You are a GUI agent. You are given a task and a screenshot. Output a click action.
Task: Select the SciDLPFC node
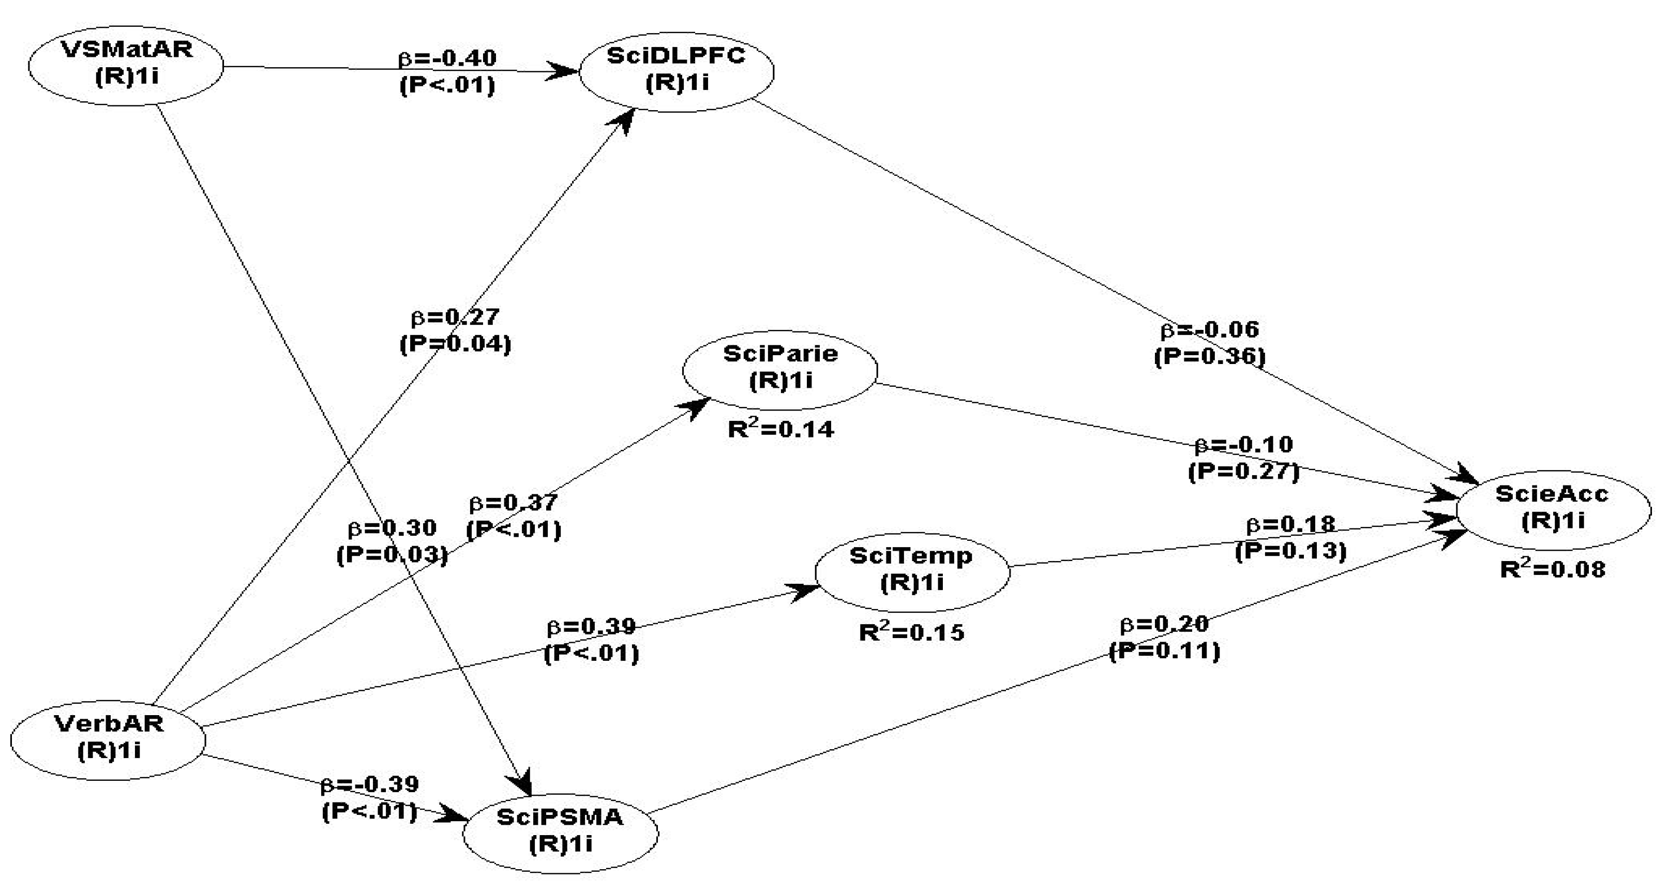click(677, 70)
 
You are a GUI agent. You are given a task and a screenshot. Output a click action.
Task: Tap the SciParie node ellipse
click(780, 368)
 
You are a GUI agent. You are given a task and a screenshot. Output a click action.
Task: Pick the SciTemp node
click(912, 570)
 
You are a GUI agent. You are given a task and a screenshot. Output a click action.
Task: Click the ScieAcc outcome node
click(1553, 508)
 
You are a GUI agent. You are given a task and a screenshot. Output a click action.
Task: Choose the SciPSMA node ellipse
click(560, 831)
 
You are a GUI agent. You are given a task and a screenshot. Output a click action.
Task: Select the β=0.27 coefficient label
click(455, 317)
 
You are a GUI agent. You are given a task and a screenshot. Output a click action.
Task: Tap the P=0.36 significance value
click(1210, 357)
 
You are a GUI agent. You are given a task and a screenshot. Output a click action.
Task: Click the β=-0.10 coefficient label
click(1243, 445)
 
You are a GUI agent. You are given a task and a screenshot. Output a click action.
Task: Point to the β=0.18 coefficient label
click(1290, 524)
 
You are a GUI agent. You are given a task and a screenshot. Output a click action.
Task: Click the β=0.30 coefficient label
click(393, 528)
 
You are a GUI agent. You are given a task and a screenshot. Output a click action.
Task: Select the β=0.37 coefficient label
click(513, 503)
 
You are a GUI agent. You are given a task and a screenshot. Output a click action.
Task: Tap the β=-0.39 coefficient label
click(370, 784)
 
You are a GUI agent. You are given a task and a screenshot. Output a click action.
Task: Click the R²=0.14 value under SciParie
click(781, 429)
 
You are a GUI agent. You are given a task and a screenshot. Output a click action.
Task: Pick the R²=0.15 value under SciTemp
click(912, 632)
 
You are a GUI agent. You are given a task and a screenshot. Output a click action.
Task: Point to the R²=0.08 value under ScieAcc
click(1553, 569)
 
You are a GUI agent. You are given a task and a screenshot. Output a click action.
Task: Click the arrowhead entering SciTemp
click(806, 590)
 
